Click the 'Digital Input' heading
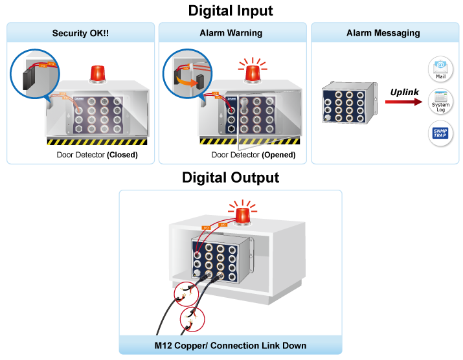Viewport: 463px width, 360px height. point(231,11)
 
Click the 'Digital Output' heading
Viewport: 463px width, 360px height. point(231,177)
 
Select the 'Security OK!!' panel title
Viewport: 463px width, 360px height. point(81,32)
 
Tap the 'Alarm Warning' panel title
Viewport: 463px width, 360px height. point(231,32)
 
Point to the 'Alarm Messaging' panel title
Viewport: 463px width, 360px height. point(383,32)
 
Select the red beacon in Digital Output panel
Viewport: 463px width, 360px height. point(243,216)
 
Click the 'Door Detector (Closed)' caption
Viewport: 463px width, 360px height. point(97,155)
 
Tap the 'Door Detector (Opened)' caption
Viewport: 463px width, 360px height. point(253,155)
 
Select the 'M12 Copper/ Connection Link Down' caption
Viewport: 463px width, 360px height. point(231,344)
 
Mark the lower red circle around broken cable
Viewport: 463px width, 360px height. point(192,320)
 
